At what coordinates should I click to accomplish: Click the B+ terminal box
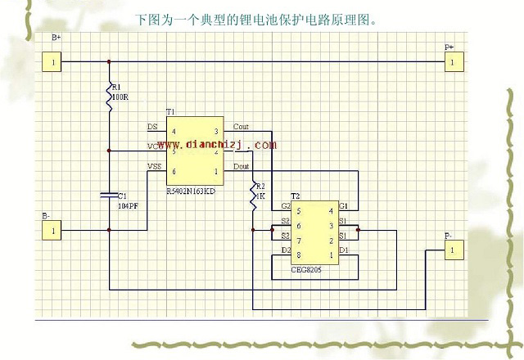pyautogui.click(x=52, y=61)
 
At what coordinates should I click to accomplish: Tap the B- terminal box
pyautogui.click(x=52, y=231)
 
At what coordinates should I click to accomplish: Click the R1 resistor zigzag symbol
pyautogui.click(x=109, y=98)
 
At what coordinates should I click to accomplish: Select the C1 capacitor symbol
pyautogui.click(x=109, y=195)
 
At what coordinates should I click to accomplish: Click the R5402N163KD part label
pyautogui.click(x=191, y=191)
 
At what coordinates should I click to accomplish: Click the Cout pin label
pyautogui.click(x=241, y=127)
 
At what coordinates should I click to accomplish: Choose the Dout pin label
pyautogui.click(x=241, y=167)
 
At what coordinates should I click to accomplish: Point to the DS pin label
pyautogui.click(x=152, y=127)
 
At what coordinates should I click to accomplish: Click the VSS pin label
pyautogui.click(x=154, y=167)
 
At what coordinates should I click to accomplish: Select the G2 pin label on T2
pyautogui.click(x=286, y=205)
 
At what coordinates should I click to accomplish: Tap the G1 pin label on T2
pyautogui.click(x=344, y=205)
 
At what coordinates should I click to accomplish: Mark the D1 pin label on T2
pyautogui.click(x=344, y=250)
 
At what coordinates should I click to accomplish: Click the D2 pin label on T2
pyautogui.click(x=286, y=250)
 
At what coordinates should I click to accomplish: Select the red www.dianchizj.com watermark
pyautogui.click(x=212, y=145)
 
